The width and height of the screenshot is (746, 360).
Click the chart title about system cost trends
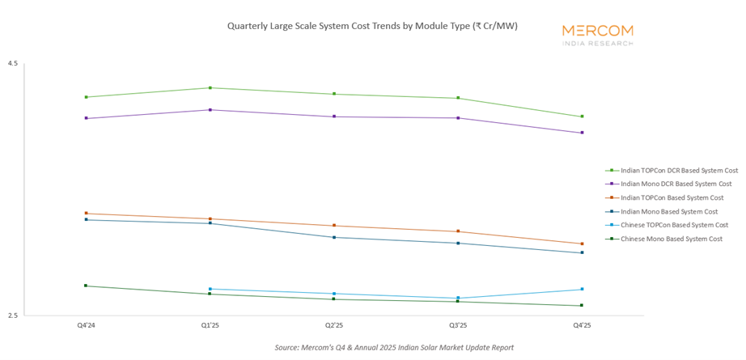click(372, 26)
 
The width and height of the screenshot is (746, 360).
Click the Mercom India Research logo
click(598, 34)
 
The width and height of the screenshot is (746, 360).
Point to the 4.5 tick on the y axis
click(13, 64)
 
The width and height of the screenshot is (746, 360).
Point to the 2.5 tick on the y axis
click(13, 316)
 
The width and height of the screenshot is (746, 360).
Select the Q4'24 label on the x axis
click(86, 325)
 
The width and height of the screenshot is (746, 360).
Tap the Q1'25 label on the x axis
click(210, 325)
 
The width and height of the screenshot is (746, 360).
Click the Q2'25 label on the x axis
click(333, 325)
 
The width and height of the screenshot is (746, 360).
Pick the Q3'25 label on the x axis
click(458, 325)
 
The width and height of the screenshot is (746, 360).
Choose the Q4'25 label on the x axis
click(582, 325)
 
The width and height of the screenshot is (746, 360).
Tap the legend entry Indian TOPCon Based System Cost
click(671, 198)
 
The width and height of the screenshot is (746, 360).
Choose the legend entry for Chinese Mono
click(671, 239)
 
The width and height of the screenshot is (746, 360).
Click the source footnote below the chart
click(394, 347)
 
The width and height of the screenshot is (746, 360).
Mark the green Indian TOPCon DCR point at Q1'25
click(210, 87)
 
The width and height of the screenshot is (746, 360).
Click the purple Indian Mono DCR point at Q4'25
click(582, 133)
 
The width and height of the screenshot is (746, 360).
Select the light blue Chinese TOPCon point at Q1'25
click(210, 289)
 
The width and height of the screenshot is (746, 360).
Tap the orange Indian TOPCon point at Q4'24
click(86, 214)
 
